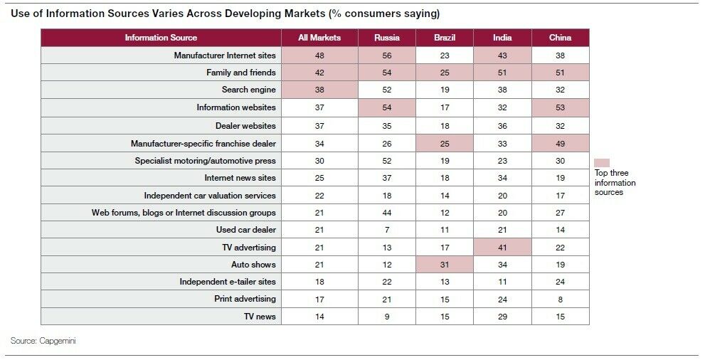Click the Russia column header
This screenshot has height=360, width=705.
(387, 38)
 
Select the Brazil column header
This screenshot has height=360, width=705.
(445, 38)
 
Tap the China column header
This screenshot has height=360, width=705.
(560, 38)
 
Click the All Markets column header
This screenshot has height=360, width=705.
(320, 38)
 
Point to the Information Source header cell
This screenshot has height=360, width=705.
(161, 38)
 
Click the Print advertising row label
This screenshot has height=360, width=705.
(245, 299)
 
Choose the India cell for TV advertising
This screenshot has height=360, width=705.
(502, 247)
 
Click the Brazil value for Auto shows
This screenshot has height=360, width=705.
(445, 265)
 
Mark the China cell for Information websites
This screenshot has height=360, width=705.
(560, 107)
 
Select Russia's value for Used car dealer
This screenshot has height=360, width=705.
(387, 230)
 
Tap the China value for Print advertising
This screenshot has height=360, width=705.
(560, 299)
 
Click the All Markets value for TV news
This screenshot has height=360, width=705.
(320, 317)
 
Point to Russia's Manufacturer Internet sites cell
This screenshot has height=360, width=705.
(387, 55)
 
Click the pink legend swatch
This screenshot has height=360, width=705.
(602, 162)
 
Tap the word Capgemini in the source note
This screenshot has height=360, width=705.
(58, 342)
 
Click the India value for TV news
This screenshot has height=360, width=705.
(502, 317)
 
